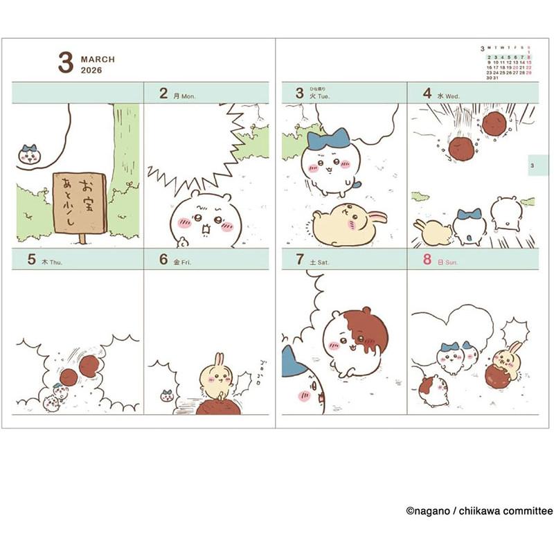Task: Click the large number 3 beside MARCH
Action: [x=65, y=62]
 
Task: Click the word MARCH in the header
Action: [x=98, y=60]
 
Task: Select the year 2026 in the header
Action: [x=91, y=71]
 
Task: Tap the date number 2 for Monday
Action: [x=163, y=93]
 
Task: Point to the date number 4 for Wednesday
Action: [x=427, y=93]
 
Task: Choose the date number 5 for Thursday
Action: [x=32, y=260]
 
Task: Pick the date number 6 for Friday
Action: [x=163, y=260]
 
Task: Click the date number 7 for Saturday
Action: [x=300, y=260]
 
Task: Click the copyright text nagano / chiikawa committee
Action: [x=479, y=511]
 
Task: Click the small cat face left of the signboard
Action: [x=29, y=155]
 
